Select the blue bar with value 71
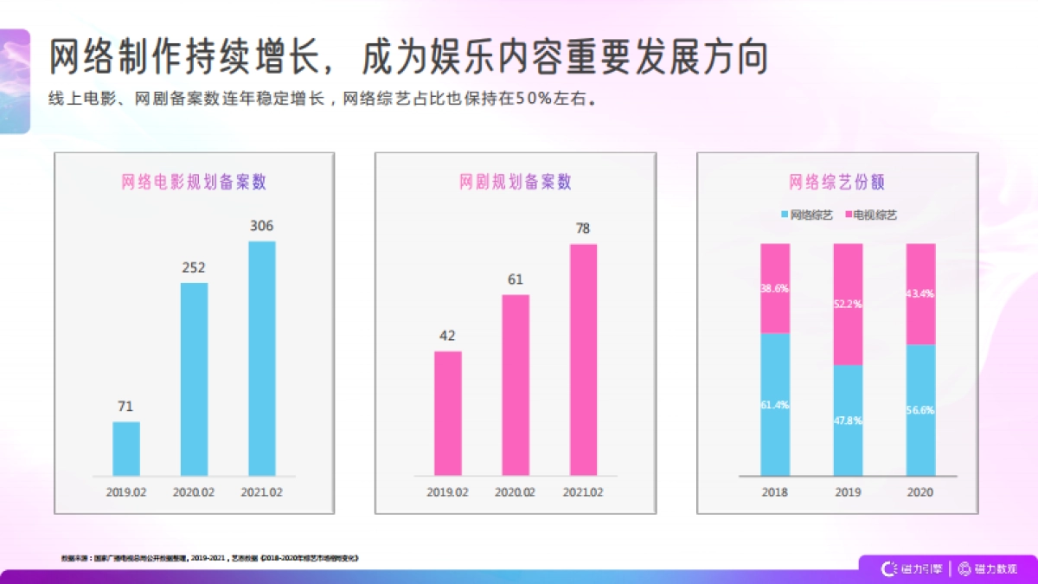click(x=126, y=448)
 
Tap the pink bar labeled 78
click(x=583, y=359)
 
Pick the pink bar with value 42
click(x=448, y=413)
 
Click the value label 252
click(x=194, y=268)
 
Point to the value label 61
click(x=516, y=280)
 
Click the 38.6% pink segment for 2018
click(x=775, y=288)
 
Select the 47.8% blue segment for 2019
click(x=848, y=420)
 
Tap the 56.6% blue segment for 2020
click(x=921, y=409)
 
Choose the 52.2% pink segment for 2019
click(x=848, y=304)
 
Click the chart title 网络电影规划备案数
click(x=194, y=183)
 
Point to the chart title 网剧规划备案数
click(x=516, y=183)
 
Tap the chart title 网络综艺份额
click(x=836, y=183)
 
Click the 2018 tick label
click(x=775, y=492)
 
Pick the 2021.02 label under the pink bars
click(x=583, y=492)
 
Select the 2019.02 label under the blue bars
click(x=126, y=492)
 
